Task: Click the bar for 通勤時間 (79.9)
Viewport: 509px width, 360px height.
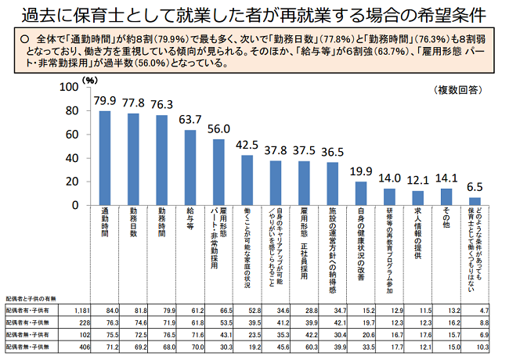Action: click(x=104, y=157)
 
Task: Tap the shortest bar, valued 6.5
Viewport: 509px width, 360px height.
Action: click(x=474, y=201)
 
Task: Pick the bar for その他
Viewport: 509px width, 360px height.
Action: click(x=446, y=196)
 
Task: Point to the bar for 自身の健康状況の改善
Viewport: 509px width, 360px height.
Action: click(x=360, y=193)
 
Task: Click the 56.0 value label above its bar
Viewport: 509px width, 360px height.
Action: click(x=218, y=129)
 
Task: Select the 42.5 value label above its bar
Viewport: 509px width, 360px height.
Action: click(x=247, y=145)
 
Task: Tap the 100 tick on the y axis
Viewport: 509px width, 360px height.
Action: click(x=69, y=86)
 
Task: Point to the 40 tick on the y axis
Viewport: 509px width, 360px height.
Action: click(x=72, y=158)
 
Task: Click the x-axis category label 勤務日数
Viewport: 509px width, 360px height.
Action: click(x=133, y=222)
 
